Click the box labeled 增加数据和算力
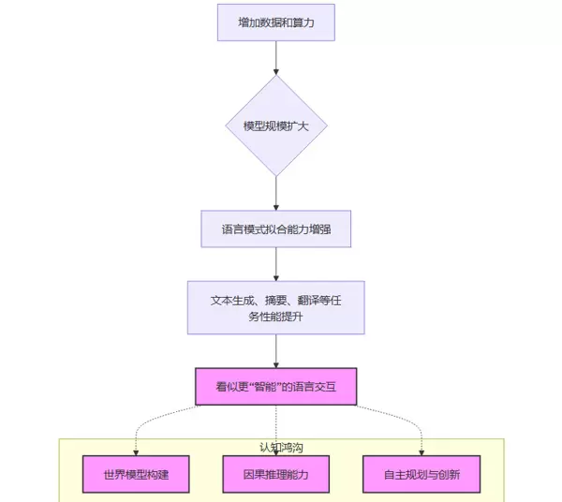tap(275, 22)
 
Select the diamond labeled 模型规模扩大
tap(275, 125)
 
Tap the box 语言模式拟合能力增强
tap(275, 229)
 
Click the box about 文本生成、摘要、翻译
tap(275, 308)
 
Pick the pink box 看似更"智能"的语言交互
tap(275, 386)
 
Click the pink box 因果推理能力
tap(275, 474)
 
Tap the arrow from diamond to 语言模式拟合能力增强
tap(275, 193)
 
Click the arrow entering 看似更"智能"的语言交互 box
tap(275, 351)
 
